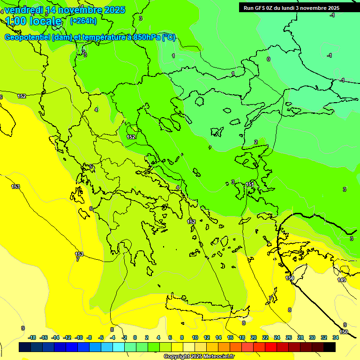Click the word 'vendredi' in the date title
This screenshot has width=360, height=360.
[23, 10]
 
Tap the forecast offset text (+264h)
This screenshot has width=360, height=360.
[83, 21]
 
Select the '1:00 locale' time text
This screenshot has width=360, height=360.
[33, 21]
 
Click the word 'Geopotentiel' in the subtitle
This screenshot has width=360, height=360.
[27, 37]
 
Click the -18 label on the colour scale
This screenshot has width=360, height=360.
[32, 337]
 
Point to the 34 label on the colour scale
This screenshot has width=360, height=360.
[336, 337]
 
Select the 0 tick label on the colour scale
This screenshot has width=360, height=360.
[135, 337]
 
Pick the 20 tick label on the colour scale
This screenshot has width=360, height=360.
[254, 337]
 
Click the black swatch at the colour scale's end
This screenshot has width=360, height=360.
[330, 347]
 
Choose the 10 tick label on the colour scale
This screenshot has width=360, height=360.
[195, 337]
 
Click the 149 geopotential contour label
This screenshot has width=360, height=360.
[342, 280]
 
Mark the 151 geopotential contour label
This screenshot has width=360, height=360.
[250, 185]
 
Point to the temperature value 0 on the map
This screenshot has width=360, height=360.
[269, 59]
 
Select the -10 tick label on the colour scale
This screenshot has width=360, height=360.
[79, 337]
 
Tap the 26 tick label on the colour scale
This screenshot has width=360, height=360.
[289, 337]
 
